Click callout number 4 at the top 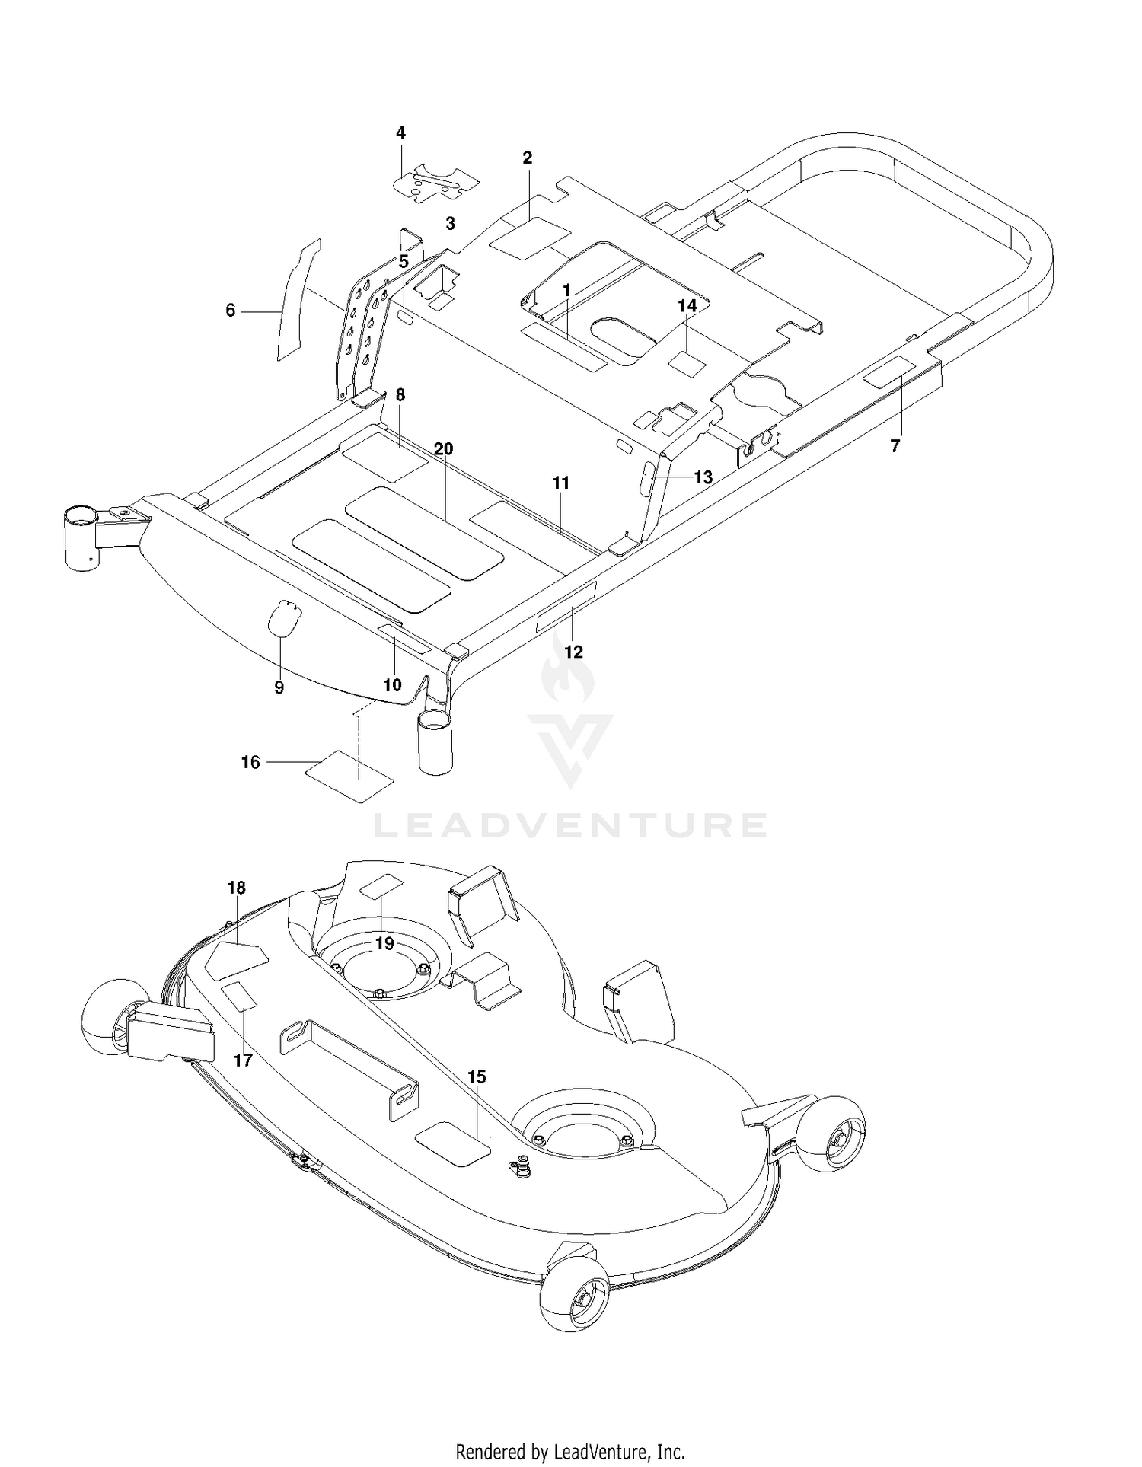(x=400, y=133)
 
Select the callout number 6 (x=231, y=311)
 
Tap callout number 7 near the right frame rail (x=895, y=446)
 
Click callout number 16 (x=250, y=762)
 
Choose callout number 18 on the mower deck (x=236, y=888)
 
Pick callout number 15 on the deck (x=477, y=1076)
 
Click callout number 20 (x=443, y=449)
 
